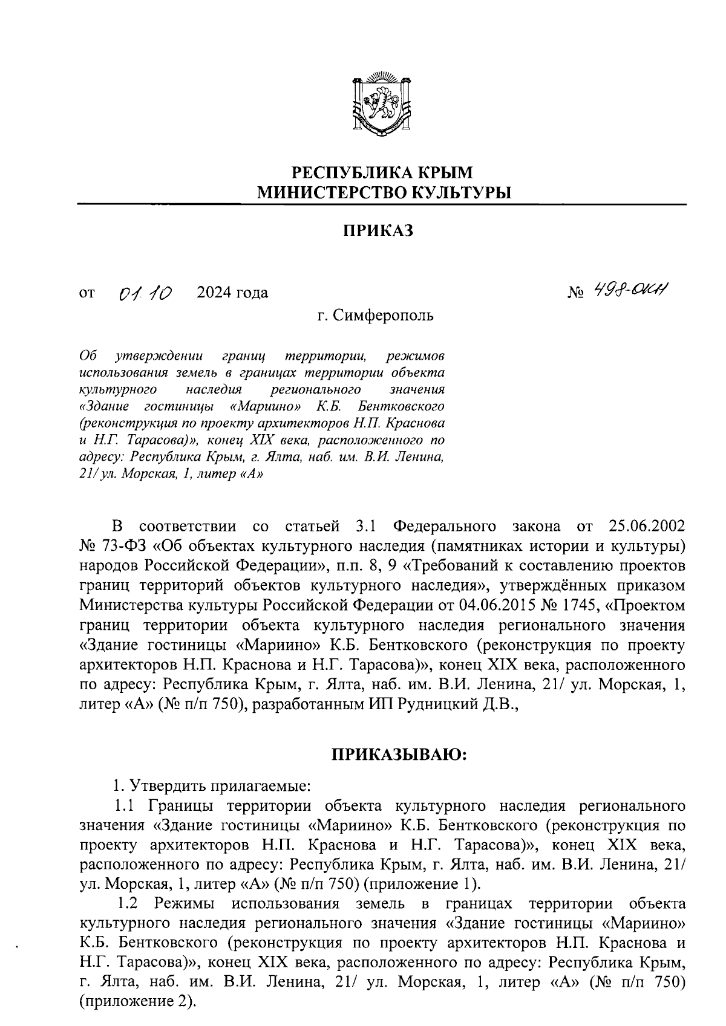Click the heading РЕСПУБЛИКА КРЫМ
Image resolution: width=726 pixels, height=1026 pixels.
click(x=382, y=172)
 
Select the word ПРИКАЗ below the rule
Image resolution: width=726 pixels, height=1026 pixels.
click(x=378, y=231)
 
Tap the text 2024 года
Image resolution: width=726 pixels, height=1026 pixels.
click(x=232, y=293)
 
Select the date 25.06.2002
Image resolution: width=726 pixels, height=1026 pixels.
click(x=641, y=525)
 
